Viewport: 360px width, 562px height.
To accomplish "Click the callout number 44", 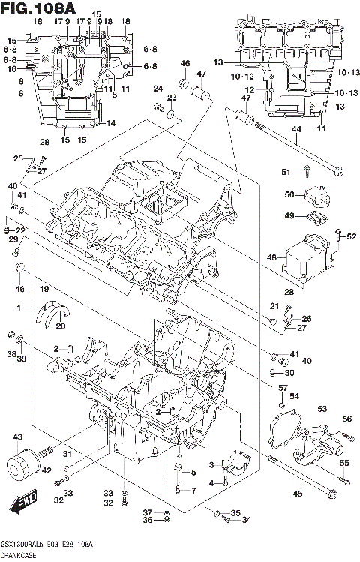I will coord(295,129).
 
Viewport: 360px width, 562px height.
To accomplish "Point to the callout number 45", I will coord(297,493).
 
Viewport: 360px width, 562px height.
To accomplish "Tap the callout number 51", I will coord(286,173).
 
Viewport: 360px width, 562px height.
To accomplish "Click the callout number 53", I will coord(322,408).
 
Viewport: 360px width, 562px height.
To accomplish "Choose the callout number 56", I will coord(347,419).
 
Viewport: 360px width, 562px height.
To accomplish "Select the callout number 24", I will coord(157,89).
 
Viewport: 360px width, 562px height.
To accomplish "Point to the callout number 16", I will coord(11,68).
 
